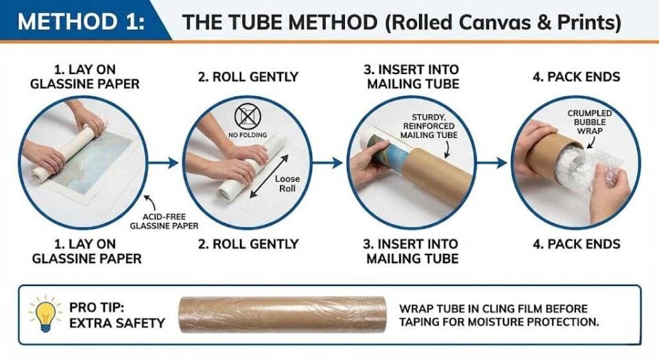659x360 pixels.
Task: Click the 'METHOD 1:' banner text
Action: (x=81, y=21)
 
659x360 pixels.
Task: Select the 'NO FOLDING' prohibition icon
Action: (x=248, y=117)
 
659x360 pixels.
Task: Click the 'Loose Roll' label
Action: (x=287, y=184)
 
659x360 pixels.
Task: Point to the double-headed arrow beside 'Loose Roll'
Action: (x=269, y=176)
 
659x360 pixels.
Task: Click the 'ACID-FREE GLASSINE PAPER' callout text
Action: (x=164, y=221)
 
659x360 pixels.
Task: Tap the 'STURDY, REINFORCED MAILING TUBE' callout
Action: (x=429, y=126)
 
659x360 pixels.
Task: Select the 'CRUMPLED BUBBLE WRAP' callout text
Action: (x=590, y=122)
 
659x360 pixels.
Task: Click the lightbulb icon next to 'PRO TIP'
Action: (x=45, y=314)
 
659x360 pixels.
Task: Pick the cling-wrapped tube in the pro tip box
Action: (x=283, y=315)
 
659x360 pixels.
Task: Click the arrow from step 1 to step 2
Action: (x=163, y=163)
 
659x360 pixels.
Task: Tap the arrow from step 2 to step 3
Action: (x=327, y=163)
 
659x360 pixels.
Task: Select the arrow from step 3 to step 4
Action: (x=492, y=163)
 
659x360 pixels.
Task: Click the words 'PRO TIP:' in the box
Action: (x=97, y=307)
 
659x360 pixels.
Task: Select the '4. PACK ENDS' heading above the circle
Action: (x=576, y=77)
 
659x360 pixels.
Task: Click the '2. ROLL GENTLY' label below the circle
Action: (x=248, y=244)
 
